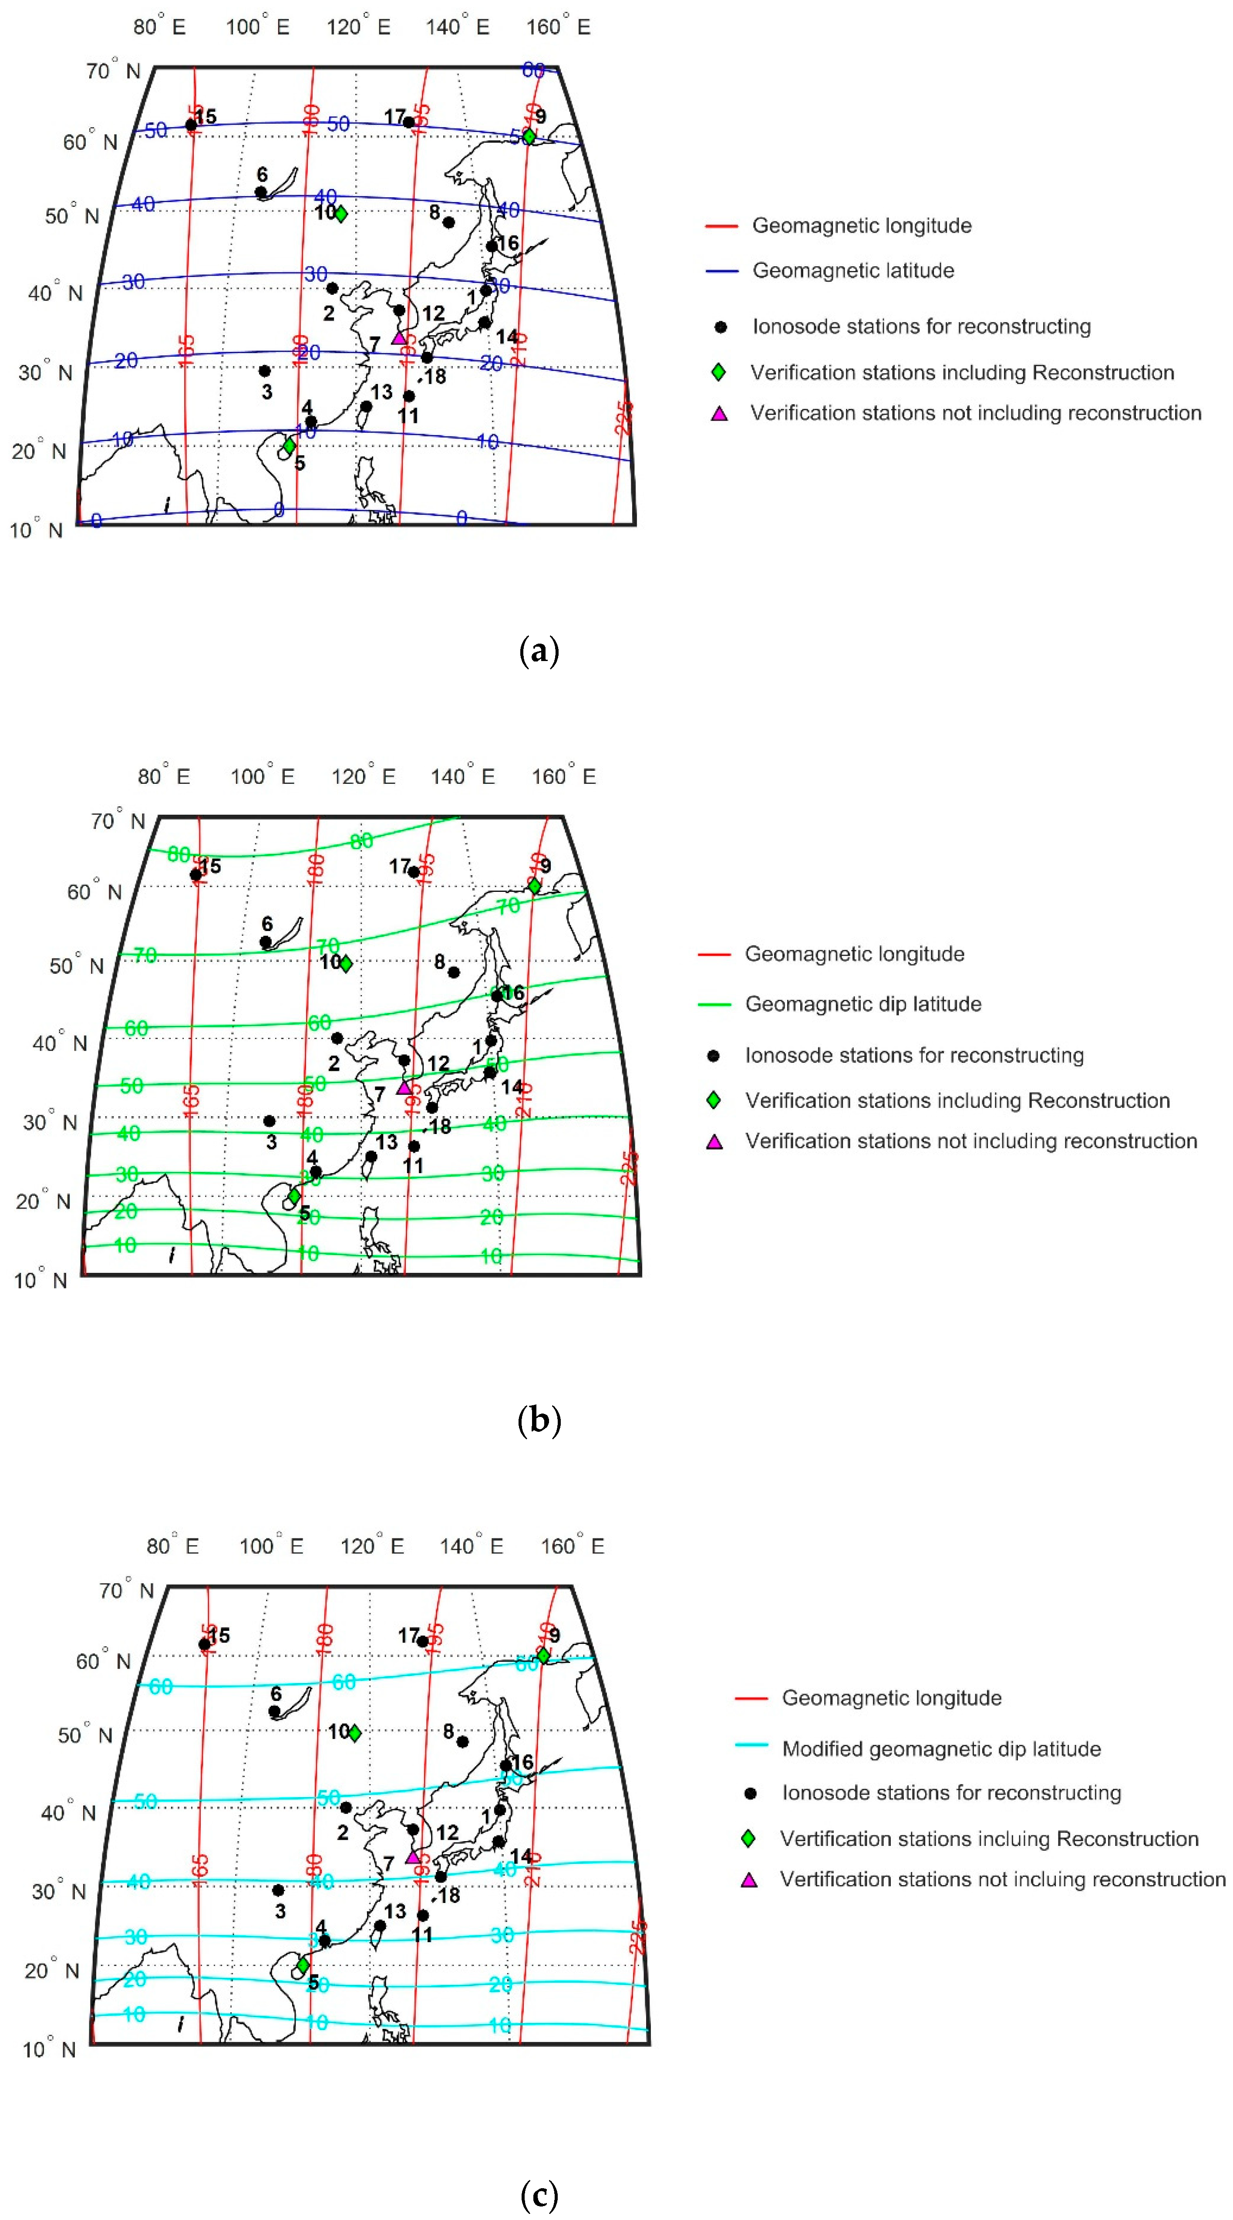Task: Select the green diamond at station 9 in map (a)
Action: coord(529,136)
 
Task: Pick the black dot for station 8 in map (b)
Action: coord(454,972)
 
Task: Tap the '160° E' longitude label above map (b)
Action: coord(563,776)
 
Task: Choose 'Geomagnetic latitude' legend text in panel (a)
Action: coord(853,270)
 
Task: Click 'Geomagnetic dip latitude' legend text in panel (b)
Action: coord(862,1004)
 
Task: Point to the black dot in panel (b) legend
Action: coord(713,1056)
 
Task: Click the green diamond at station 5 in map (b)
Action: coord(294,1196)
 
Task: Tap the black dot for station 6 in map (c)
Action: coord(274,1711)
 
